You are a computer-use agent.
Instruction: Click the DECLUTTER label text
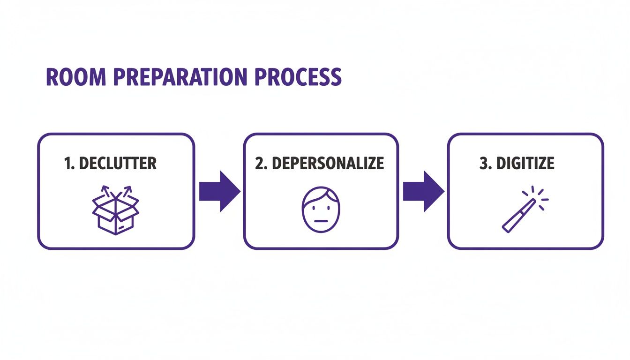(118, 163)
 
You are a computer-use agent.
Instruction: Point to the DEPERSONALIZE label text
(328, 163)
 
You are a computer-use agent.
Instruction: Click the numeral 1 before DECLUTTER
(67, 163)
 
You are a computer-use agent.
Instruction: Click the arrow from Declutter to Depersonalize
(219, 191)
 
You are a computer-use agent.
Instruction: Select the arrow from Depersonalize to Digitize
(423, 191)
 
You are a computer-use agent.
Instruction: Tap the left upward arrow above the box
(105, 191)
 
